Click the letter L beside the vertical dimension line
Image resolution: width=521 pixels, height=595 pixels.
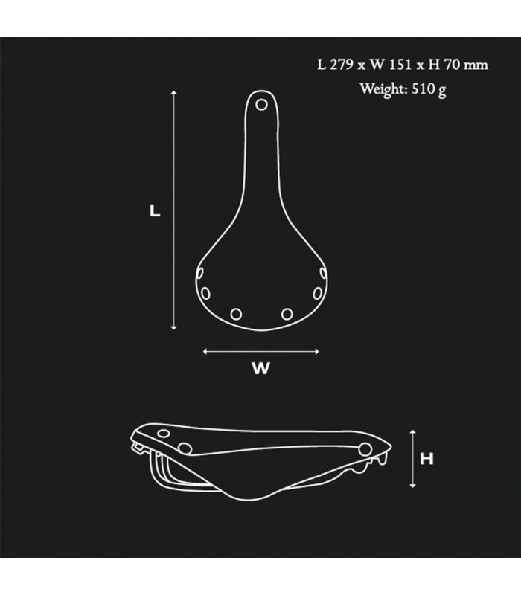tap(155, 211)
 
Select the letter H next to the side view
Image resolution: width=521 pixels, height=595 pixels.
tap(426, 459)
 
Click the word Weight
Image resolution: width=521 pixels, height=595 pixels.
tap(380, 89)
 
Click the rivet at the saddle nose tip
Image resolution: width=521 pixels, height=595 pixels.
tap(261, 105)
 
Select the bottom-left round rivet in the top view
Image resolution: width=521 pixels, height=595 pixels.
tap(236, 314)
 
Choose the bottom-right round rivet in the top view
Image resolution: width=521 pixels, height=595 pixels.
tap(287, 314)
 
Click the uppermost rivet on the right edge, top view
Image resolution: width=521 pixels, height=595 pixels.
tap(323, 274)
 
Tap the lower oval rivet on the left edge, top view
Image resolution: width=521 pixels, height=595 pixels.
tap(202, 290)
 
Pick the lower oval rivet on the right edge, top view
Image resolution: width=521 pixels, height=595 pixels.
tap(320, 290)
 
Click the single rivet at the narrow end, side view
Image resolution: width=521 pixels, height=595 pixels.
tap(365, 447)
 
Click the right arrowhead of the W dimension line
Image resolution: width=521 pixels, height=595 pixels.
tap(317, 352)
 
